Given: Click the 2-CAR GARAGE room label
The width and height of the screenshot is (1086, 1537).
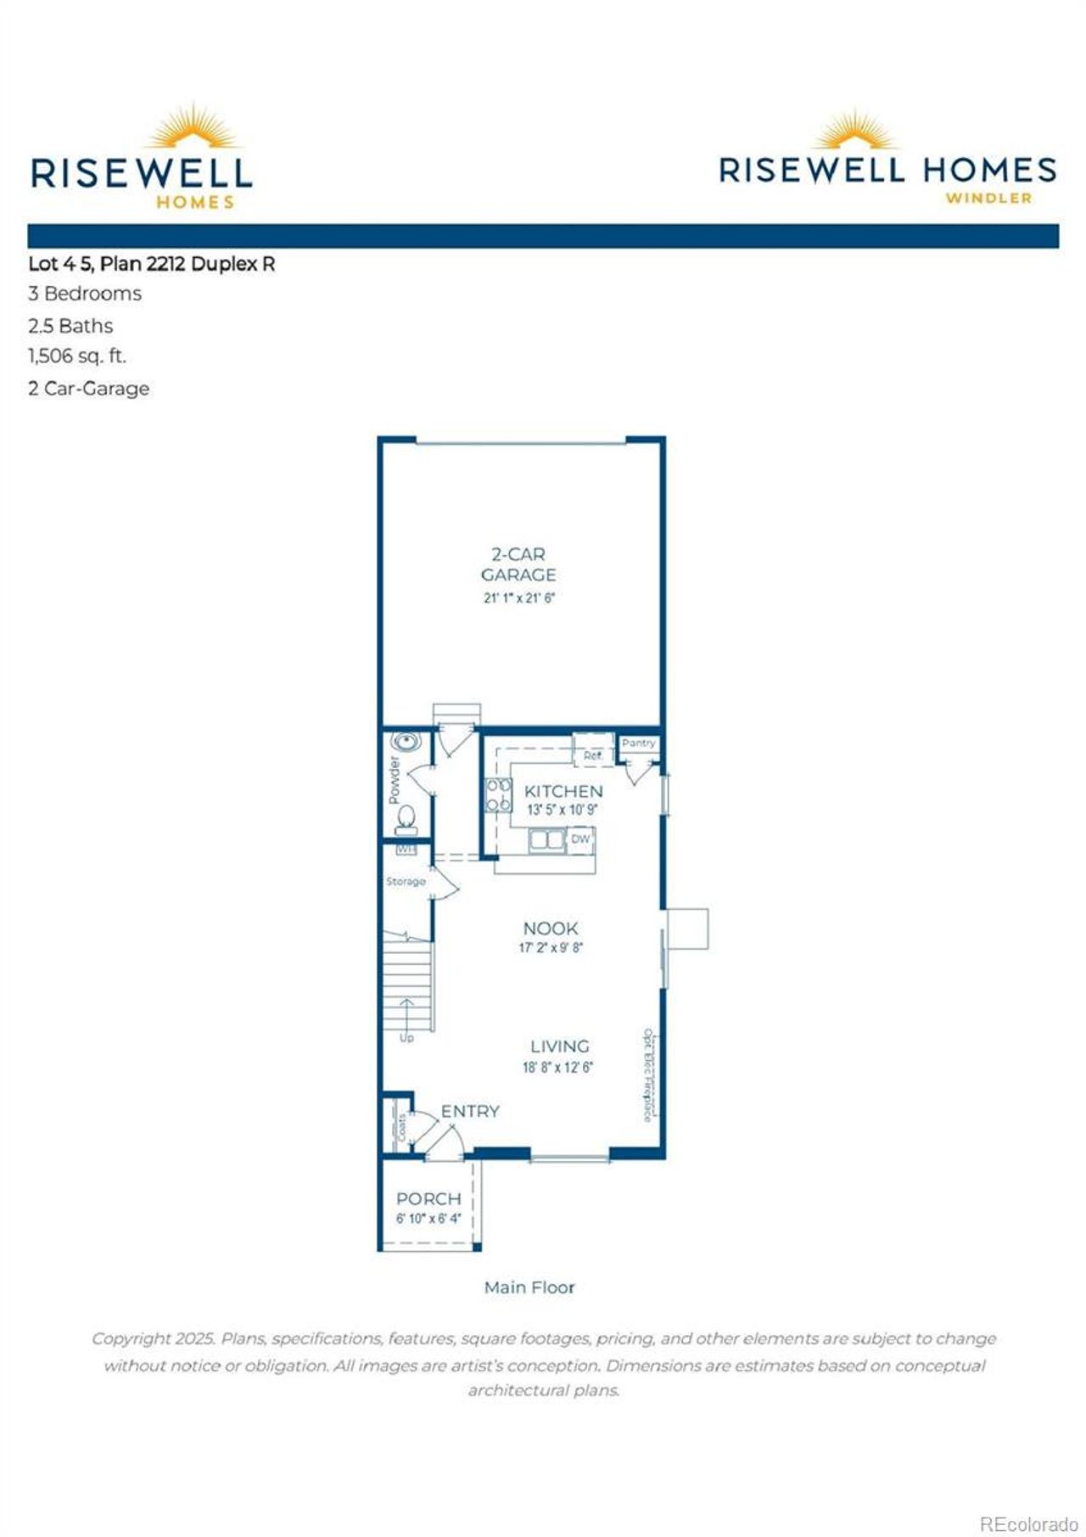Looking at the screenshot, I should pyautogui.click(x=518, y=564).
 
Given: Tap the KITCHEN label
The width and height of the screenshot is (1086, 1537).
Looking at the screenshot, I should pyautogui.click(x=563, y=791).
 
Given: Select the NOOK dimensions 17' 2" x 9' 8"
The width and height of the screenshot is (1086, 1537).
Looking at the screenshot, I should pyautogui.click(x=551, y=948).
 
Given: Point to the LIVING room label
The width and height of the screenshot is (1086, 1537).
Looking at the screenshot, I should pyautogui.click(x=559, y=1046).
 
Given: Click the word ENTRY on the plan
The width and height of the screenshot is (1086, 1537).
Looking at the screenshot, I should pyautogui.click(x=470, y=1111).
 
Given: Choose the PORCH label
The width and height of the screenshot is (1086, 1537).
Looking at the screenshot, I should pyautogui.click(x=428, y=1199).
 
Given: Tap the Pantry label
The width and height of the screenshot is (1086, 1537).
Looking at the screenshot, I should pyautogui.click(x=638, y=743).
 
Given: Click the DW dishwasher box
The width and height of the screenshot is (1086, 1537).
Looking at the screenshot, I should pyautogui.click(x=580, y=839).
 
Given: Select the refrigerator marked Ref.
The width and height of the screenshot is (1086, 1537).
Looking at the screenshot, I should pyautogui.click(x=592, y=754).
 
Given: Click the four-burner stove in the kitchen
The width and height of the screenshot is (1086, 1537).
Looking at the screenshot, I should pyautogui.click(x=498, y=795).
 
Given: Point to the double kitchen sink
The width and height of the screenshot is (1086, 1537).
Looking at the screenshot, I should pyautogui.click(x=547, y=840).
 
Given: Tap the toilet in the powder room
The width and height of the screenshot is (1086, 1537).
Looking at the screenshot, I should pyautogui.click(x=406, y=818).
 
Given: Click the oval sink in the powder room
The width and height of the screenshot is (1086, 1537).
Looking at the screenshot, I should pyautogui.click(x=406, y=743).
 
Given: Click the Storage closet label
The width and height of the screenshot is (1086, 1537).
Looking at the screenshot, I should pyautogui.click(x=406, y=882).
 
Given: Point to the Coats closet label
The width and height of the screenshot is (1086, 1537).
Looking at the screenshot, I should pyautogui.click(x=401, y=1127).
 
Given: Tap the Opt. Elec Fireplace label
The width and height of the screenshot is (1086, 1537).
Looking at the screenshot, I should pyautogui.click(x=648, y=1075).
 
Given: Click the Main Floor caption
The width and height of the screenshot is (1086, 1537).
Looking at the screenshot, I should pyautogui.click(x=529, y=1287).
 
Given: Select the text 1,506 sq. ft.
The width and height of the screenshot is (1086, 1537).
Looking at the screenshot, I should pyautogui.click(x=77, y=356).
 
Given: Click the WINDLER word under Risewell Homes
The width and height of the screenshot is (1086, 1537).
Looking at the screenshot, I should pyautogui.click(x=988, y=199).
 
